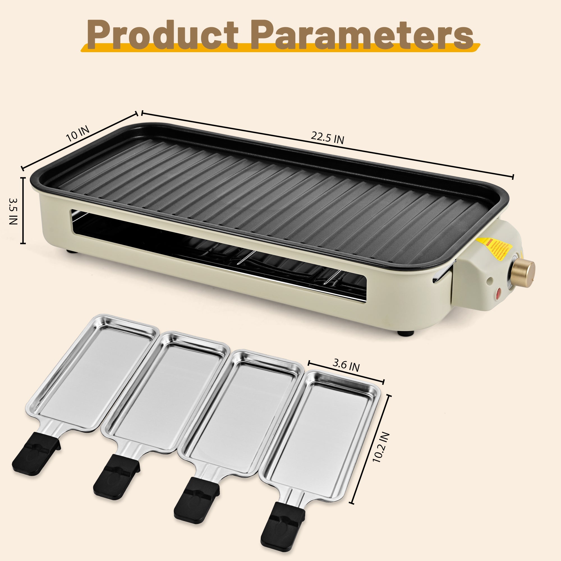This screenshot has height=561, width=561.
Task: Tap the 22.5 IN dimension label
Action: pos(327,137)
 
